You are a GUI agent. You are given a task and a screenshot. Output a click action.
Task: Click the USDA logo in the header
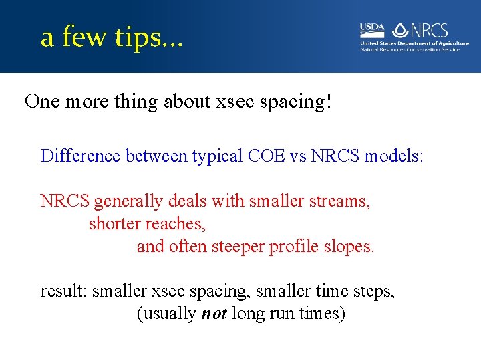372,29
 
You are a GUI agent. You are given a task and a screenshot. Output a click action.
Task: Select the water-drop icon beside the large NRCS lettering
400,30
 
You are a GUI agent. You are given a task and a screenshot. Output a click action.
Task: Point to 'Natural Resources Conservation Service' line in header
410,49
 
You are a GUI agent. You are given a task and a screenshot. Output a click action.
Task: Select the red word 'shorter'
113,224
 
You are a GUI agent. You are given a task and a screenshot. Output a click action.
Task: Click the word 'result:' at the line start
63,291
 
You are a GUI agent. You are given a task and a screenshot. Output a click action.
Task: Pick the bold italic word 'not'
214,314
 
